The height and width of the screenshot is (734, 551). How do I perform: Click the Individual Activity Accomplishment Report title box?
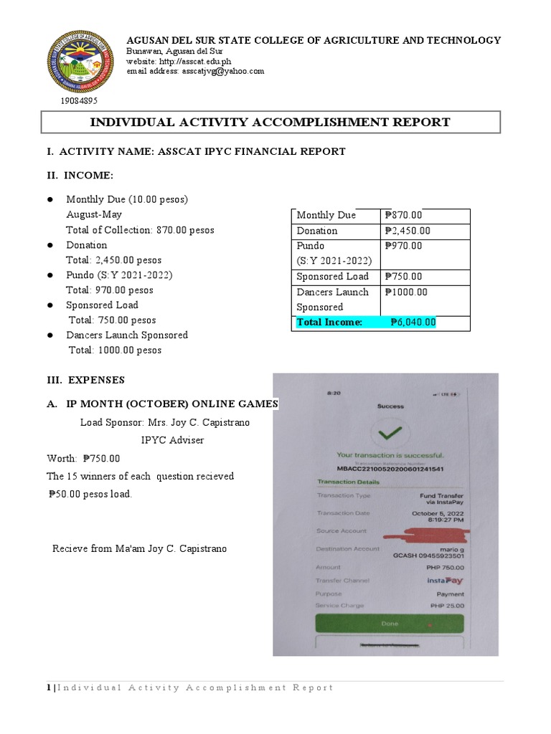click(x=270, y=122)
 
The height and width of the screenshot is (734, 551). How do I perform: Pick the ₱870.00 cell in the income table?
click(x=404, y=215)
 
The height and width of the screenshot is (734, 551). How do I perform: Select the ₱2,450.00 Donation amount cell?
click(x=408, y=231)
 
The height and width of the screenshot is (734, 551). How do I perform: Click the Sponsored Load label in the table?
click(x=333, y=277)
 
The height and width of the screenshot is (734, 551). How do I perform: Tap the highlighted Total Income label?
click(x=330, y=323)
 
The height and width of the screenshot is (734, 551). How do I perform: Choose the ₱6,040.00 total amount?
click(x=413, y=323)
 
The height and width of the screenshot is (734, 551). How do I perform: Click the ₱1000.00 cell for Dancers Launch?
click(x=406, y=292)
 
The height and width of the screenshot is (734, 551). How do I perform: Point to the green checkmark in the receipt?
click(x=390, y=432)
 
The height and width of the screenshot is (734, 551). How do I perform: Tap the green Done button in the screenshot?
click(x=390, y=624)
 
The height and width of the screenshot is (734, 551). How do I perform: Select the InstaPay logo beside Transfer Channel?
click(x=445, y=581)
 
